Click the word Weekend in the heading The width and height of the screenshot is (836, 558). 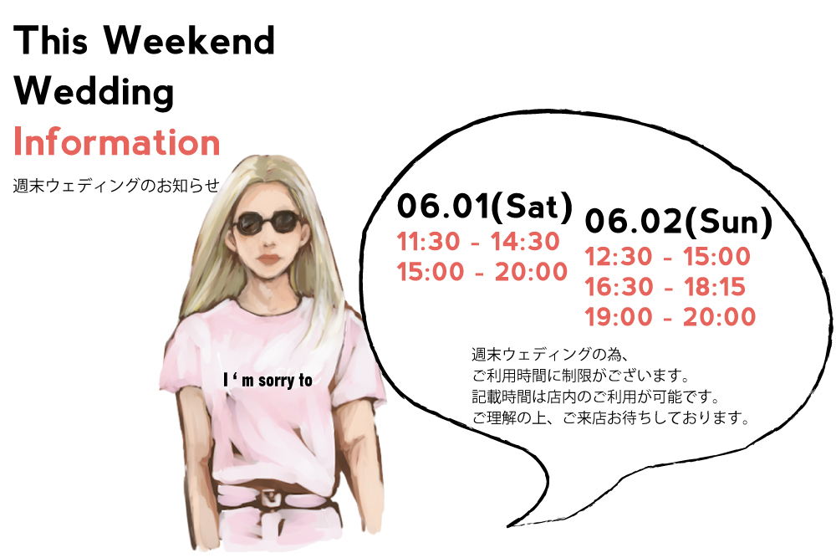pos(189,40)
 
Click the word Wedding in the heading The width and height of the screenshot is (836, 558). pos(94,91)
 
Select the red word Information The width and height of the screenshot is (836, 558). pos(117,141)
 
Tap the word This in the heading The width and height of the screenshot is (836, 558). pos(51,40)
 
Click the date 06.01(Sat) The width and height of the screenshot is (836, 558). pos(485,207)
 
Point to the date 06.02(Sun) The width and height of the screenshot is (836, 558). pos(679,222)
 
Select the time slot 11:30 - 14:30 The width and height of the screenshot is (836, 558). pos(478,242)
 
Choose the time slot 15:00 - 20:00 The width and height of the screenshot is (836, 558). pos(482,272)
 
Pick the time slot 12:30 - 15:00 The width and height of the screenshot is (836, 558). pos(667,257)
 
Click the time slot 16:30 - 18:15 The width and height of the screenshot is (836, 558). pos(665,287)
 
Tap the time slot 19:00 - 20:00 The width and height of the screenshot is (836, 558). pos(670,317)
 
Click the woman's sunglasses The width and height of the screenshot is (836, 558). pos(267,223)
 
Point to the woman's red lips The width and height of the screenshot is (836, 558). pos(268,259)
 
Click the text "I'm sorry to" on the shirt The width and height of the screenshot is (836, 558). pos(268,381)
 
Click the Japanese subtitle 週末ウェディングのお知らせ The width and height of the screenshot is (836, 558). pos(116,186)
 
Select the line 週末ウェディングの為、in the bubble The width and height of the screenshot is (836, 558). pos(550,354)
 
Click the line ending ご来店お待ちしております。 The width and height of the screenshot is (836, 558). pos(611,417)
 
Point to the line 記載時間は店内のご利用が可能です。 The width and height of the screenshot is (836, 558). pos(596,397)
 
